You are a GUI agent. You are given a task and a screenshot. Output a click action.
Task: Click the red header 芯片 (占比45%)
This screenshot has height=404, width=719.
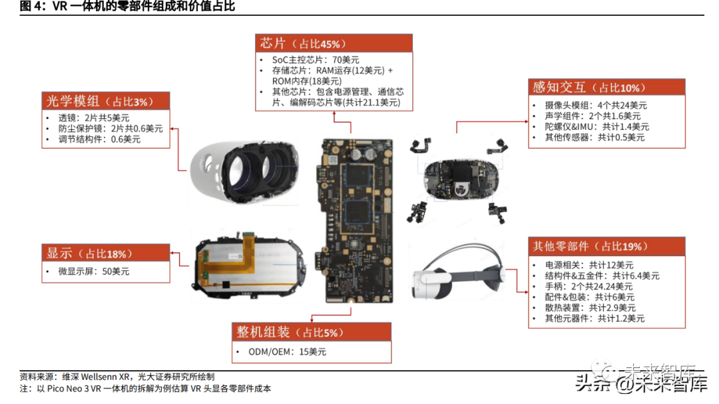334,43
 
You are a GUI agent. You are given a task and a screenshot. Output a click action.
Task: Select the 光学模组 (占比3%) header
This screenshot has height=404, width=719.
105,101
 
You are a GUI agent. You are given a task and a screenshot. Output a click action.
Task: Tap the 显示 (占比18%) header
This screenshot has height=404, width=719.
105,253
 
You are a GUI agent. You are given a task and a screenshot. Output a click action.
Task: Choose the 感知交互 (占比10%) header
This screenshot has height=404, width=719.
606,87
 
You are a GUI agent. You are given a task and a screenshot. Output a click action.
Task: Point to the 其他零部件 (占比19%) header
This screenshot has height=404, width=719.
606,246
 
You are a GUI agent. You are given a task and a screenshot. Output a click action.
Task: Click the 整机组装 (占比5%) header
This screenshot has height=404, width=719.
312,331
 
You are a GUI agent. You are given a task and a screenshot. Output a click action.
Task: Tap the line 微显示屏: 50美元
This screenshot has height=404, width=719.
94,272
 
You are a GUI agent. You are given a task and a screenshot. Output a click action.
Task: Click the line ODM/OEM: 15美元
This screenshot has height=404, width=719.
287,351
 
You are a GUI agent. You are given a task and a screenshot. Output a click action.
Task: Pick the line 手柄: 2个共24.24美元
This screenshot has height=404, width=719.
589,286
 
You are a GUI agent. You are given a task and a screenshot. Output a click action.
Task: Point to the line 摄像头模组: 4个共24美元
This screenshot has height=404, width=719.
596,105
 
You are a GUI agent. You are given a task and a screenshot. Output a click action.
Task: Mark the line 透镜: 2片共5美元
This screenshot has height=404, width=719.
94,118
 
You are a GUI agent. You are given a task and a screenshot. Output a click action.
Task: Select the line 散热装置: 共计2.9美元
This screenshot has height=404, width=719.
590,307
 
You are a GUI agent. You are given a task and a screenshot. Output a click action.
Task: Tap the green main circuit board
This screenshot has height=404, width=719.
354,220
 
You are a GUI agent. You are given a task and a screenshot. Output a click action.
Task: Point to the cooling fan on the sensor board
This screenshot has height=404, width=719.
460,188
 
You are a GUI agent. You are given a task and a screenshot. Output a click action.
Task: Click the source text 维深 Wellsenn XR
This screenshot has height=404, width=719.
97,377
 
